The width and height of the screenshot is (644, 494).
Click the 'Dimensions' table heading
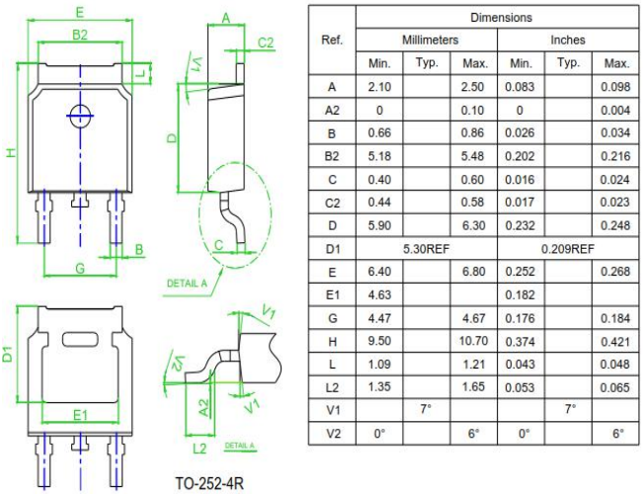(501, 18)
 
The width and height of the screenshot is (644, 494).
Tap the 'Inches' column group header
(568, 41)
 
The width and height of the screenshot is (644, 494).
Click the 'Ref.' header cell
(332, 41)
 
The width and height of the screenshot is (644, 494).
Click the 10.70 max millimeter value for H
(472, 343)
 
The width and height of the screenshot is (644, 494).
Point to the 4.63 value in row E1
(380, 294)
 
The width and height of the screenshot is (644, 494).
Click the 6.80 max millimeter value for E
(472, 272)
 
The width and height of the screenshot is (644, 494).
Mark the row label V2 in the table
(332, 433)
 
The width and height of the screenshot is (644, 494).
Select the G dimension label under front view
(80, 268)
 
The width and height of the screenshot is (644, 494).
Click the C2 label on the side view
(265, 41)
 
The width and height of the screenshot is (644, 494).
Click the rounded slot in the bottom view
(81, 341)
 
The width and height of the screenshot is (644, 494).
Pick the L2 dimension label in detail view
(199, 449)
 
